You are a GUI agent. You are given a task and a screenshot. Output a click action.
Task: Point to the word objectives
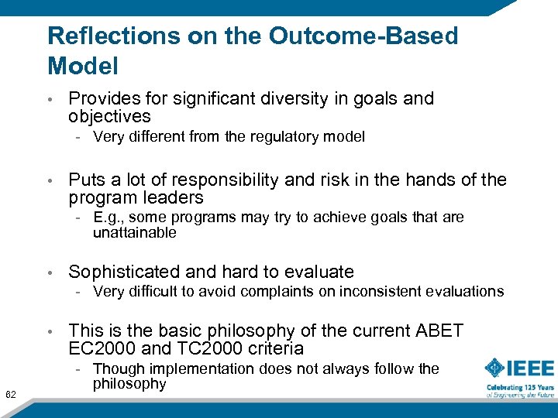(x=109, y=117)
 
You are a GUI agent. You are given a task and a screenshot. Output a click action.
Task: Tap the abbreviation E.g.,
(x=109, y=218)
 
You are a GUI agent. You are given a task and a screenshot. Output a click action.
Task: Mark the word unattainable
(x=134, y=233)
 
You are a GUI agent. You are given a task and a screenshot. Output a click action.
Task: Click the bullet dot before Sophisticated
(x=50, y=272)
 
